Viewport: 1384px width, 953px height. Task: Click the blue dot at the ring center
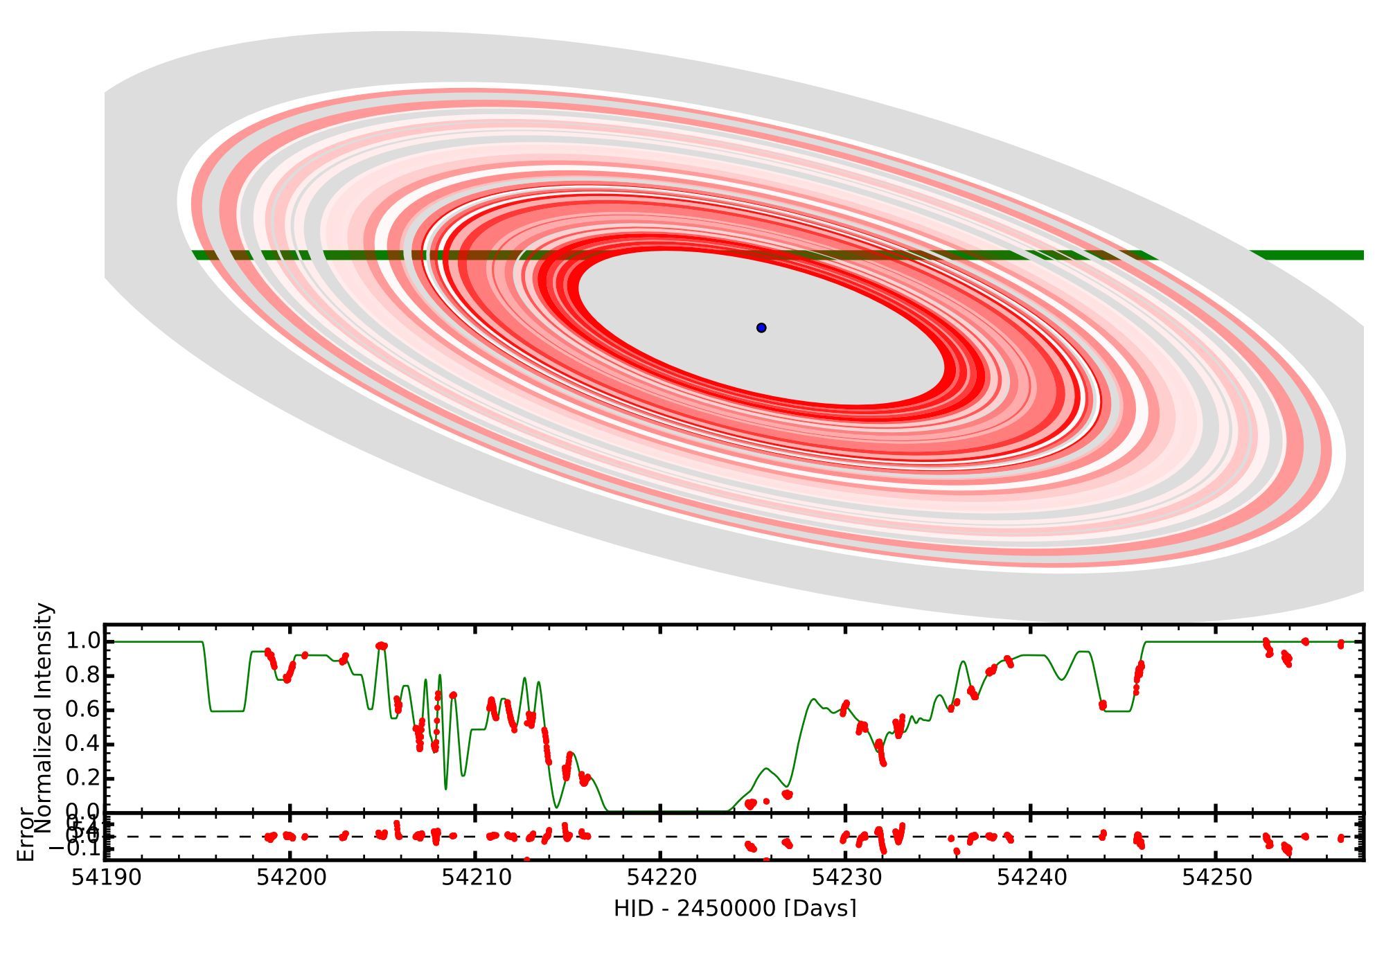pos(761,328)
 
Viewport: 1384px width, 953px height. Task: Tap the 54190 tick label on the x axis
pos(107,878)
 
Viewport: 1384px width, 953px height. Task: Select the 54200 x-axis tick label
pos(291,878)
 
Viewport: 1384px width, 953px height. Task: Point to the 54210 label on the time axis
pos(476,878)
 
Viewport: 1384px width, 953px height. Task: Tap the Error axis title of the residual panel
pos(25,835)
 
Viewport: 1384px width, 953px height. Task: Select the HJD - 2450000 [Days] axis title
pos(734,907)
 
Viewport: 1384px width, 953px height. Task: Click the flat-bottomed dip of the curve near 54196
pos(227,711)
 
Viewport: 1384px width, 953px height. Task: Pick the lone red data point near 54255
pos(1305,641)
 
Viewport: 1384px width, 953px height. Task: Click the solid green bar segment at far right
pos(1309,255)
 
